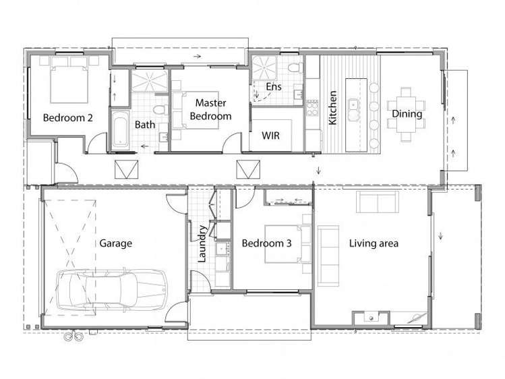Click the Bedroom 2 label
click(x=68, y=117)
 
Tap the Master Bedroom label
click(x=210, y=109)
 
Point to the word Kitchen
click(x=332, y=108)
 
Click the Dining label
click(x=407, y=114)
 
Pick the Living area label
click(x=374, y=243)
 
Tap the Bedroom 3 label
click(x=266, y=243)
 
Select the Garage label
click(x=115, y=243)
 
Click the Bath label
click(x=144, y=125)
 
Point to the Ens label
click(x=273, y=87)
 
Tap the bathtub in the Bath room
click(x=120, y=129)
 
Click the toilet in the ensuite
click(x=294, y=68)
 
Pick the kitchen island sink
click(x=353, y=105)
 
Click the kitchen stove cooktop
click(x=311, y=106)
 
